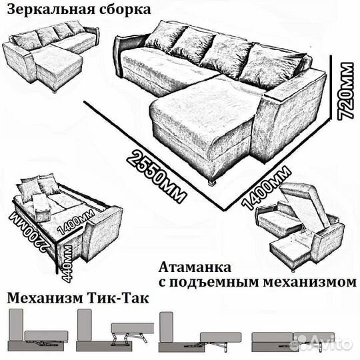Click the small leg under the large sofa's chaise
coord(212,181)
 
